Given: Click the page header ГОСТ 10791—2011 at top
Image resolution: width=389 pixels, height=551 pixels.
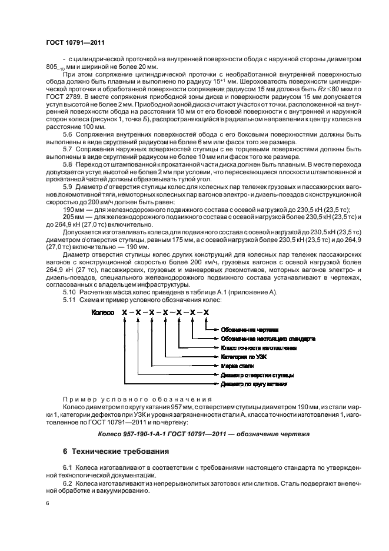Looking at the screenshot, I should pos(75,42).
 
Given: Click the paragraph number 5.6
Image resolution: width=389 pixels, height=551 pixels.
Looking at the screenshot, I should pos(68,133).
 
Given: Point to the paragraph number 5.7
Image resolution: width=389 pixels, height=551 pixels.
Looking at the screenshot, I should pos(68,148).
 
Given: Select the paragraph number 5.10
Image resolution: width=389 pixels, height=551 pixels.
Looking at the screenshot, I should pos(69,292).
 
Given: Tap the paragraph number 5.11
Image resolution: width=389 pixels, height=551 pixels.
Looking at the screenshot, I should pos(69,300).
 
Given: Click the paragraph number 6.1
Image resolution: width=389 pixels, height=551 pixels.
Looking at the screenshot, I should pos(68,467).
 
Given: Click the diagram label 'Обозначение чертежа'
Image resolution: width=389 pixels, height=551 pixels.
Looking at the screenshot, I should pos(249,330).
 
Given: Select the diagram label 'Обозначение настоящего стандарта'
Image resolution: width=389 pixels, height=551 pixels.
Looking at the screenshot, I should pos(268,339).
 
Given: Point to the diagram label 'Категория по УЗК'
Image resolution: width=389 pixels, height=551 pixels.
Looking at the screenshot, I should pos(245,357).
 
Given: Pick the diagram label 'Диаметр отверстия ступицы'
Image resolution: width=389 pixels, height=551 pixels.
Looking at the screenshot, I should pos(257,374).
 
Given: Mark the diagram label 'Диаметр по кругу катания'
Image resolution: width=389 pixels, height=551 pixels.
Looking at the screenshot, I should pos(254,383).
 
